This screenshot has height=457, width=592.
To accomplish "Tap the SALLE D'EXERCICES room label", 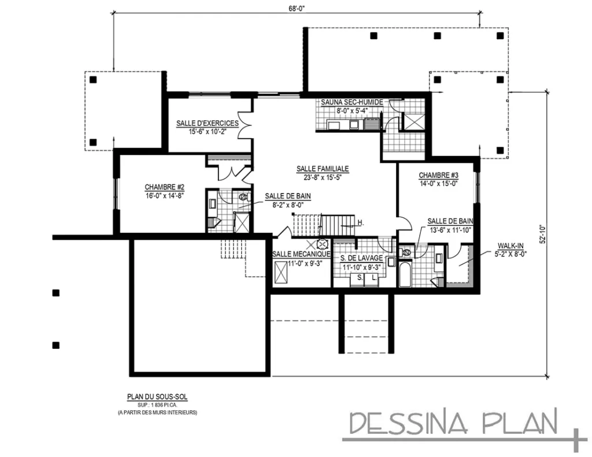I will pos(207,124).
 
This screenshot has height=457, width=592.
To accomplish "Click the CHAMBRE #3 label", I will pos(438,176).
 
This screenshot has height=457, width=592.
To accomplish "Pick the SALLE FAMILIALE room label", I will pos(323,169).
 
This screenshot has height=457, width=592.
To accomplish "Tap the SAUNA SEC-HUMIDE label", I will pos(352,102).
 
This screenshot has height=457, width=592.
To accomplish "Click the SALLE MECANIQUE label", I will pos(301,254).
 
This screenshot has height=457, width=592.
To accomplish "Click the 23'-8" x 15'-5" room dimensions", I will pos(323,177).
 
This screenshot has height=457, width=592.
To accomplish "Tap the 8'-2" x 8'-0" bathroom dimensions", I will pos(287,205).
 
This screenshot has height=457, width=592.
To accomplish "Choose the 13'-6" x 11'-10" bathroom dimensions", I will pos(450,229).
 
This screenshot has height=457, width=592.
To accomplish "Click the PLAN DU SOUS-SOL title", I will pos(157,397).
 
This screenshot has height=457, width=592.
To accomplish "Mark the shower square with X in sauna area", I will pos(413,121).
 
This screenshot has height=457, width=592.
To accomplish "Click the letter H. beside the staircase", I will pos(360,223).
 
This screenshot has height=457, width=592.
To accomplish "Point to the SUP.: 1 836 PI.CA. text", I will pos(157,405).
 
